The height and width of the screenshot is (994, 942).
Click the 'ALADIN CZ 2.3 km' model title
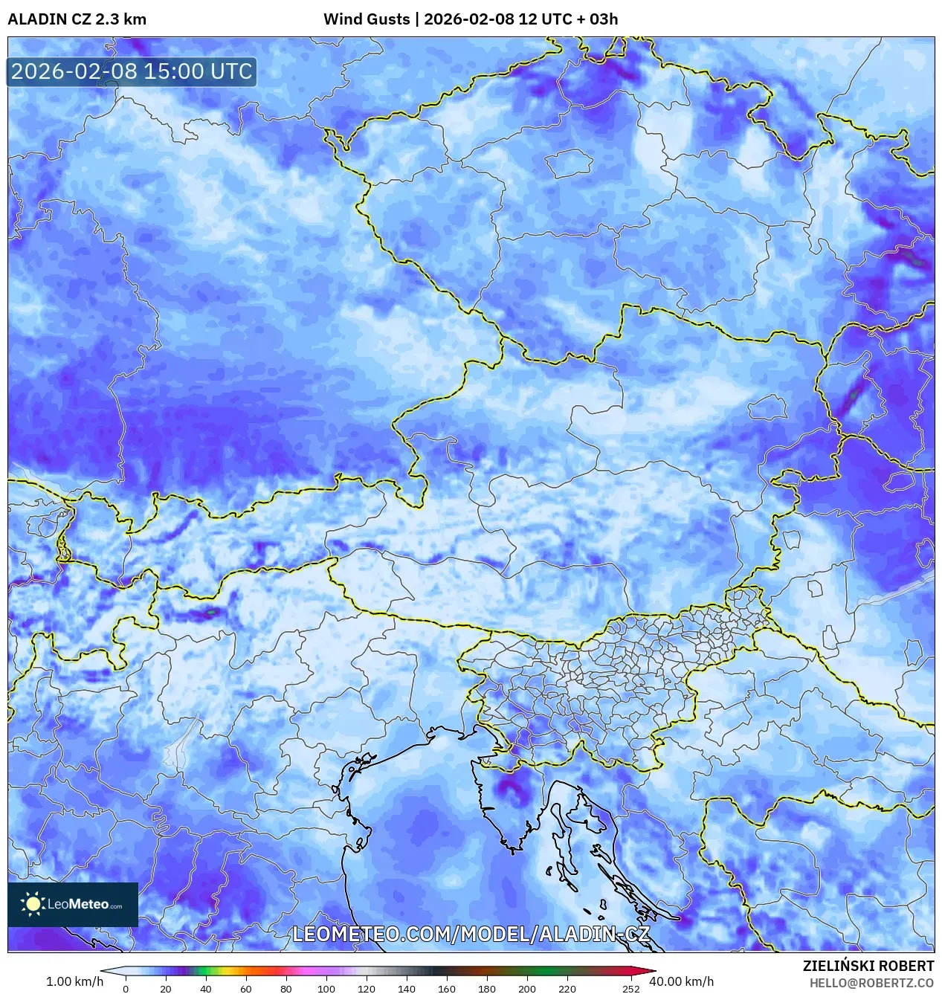(x=77, y=19)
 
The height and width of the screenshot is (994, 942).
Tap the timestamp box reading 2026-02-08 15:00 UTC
(x=132, y=71)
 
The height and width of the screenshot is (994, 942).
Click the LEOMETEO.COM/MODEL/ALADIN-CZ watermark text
(x=471, y=935)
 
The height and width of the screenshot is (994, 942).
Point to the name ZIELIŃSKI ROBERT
(x=868, y=966)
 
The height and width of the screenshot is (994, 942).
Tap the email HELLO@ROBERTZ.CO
(x=871, y=983)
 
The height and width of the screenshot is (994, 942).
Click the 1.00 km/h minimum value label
(x=74, y=981)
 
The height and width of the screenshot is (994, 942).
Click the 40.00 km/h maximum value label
(x=681, y=981)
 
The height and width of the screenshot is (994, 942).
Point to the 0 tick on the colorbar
(x=126, y=989)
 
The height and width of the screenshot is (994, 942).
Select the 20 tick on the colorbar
(x=166, y=989)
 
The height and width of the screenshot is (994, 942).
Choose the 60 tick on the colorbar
(x=246, y=989)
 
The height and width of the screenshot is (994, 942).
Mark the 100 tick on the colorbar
(x=326, y=989)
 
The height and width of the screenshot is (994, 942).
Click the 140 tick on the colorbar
(x=407, y=989)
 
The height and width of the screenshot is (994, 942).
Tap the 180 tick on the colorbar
(x=487, y=989)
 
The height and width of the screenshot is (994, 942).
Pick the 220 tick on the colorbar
(x=567, y=989)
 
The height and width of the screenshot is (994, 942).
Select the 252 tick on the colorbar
(x=631, y=989)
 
